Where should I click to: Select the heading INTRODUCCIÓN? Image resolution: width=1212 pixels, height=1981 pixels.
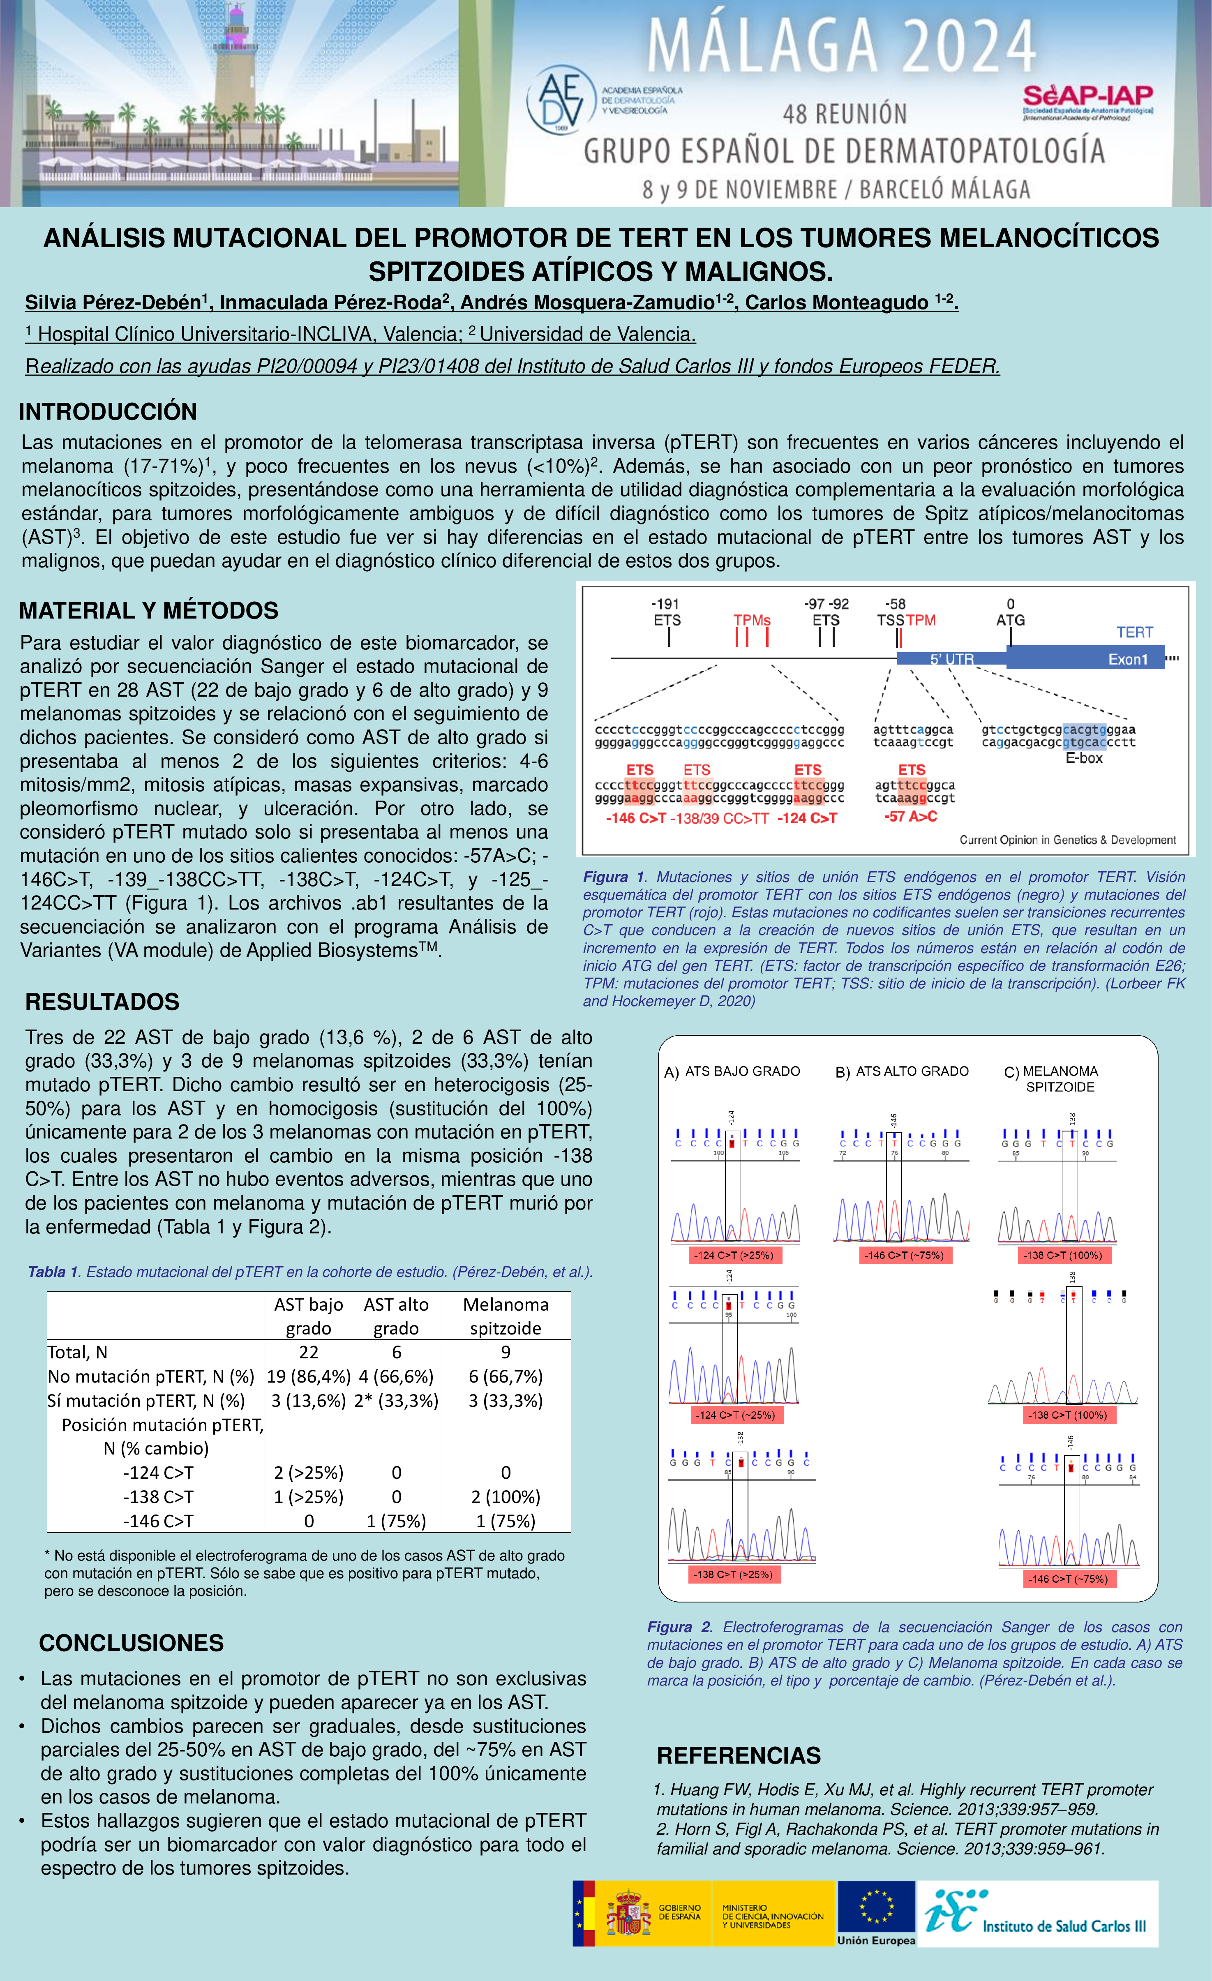(108, 412)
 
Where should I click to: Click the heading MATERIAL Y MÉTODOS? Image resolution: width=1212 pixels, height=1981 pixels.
(149, 611)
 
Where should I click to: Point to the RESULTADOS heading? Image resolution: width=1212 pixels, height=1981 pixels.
(102, 1002)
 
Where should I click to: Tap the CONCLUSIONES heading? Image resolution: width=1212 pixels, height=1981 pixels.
(131, 1642)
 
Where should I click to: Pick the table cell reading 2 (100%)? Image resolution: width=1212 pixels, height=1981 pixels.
(506, 1497)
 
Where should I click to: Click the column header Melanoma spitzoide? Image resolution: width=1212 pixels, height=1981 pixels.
(506, 1316)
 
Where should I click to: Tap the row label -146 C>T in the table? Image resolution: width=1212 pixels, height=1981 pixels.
(158, 1521)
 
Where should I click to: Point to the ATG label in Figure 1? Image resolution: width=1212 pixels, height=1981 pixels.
(1010, 620)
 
